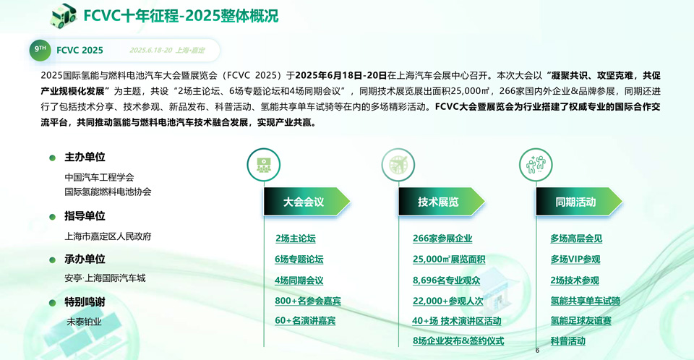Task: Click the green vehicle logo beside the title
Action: pos(64,15)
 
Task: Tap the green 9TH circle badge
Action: pos(40,50)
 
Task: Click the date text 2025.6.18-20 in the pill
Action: pos(150,51)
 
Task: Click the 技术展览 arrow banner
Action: pos(441,202)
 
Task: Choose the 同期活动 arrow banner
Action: pos(578,202)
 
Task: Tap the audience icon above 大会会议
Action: pos(264,165)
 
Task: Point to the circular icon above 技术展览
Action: pos(398,165)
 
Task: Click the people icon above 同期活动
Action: pos(536,165)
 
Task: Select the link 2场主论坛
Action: pos(295,239)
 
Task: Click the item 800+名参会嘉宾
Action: pos(308,301)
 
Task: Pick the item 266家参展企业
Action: pos(442,239)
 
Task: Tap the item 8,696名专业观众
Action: pos(446,280)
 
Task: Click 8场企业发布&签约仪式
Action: pos(458,341)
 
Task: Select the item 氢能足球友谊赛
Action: pos(581,320)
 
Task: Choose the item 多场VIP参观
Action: pos(575,260)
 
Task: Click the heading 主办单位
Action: pos(85,157)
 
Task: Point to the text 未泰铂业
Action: pos(84,322)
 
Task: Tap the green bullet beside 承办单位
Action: pos(52,260)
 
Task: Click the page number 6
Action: pos(537,351)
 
